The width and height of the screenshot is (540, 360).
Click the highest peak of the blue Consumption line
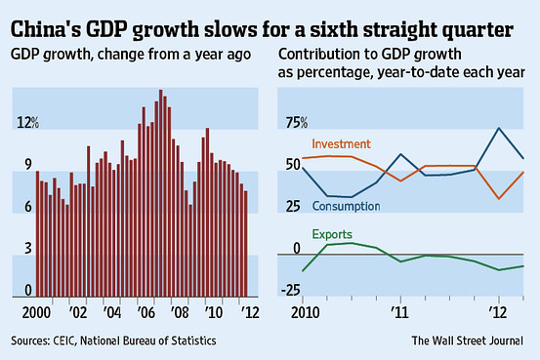[500, 128]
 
